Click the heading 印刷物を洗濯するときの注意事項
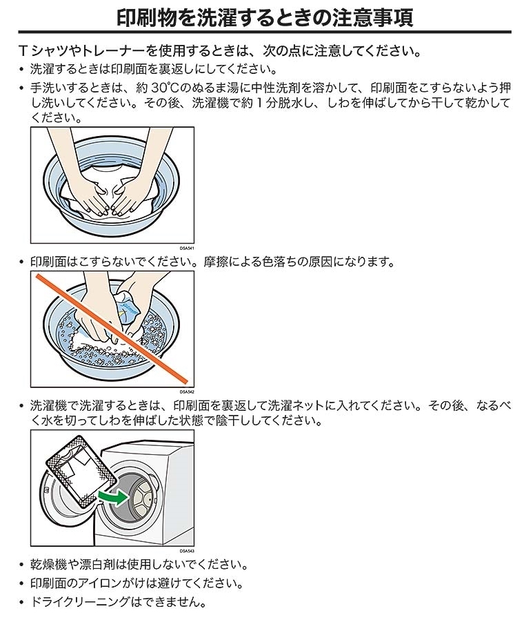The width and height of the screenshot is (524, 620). click(x=265, y=18)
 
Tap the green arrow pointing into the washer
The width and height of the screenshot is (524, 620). click(x=113, y=497)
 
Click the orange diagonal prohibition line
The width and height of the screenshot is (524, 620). click(x=112, y=328)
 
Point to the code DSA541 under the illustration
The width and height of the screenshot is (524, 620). click(x=186, y=249)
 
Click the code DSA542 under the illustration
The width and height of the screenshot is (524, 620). click(x=186, y=392)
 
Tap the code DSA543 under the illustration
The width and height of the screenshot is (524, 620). click(x=186, y=551)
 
